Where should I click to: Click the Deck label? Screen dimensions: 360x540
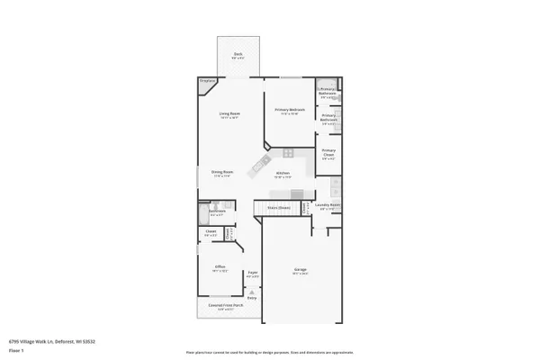[238, 55]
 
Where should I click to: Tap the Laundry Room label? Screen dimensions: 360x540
[328, 205]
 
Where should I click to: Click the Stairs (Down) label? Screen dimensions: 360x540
[278, 208]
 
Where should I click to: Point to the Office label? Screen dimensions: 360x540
[220, 266]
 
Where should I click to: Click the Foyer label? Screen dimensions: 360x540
[253, 273]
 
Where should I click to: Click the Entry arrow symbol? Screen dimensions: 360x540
[253, 292]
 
